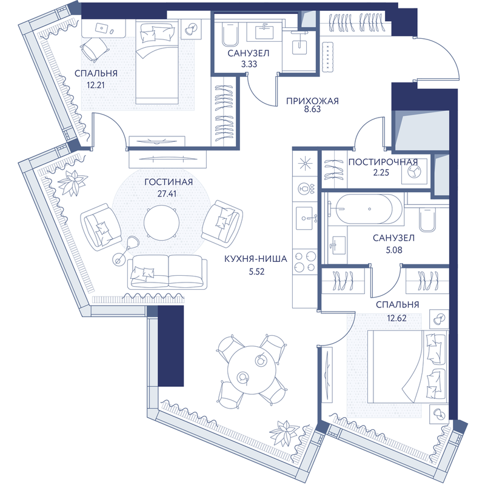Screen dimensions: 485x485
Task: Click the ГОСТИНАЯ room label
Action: pyautogui.click(x=169, y=182)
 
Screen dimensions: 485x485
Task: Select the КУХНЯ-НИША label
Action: pyautogui.click(x=256, y=259)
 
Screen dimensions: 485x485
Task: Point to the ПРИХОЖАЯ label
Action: pyautogui.click(x=312, y=101)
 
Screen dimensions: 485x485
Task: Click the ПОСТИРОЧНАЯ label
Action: pyautogui.click(x=383, y=162)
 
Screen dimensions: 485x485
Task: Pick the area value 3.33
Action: pyautogui.click(x=249, y=64)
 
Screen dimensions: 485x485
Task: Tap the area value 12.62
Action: pyautogui.click(x=396, y=318)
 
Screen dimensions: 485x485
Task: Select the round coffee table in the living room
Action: pyautogui.click(x=161, y=222)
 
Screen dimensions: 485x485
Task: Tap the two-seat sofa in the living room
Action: pyautogui.click(x=167, y=272)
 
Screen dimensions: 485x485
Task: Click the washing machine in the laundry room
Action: pyautogui.click(x=414, y=172)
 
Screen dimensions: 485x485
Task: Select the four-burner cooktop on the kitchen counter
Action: pyautogui.click(x=305, y=261)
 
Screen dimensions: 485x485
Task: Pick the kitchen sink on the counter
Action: pyautogui.click(x=306, y=218)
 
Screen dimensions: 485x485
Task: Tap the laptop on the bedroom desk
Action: pyautogui.click(x=101, y=28)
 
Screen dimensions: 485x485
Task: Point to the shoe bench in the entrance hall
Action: pyautogui.click(x=327, y=57)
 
